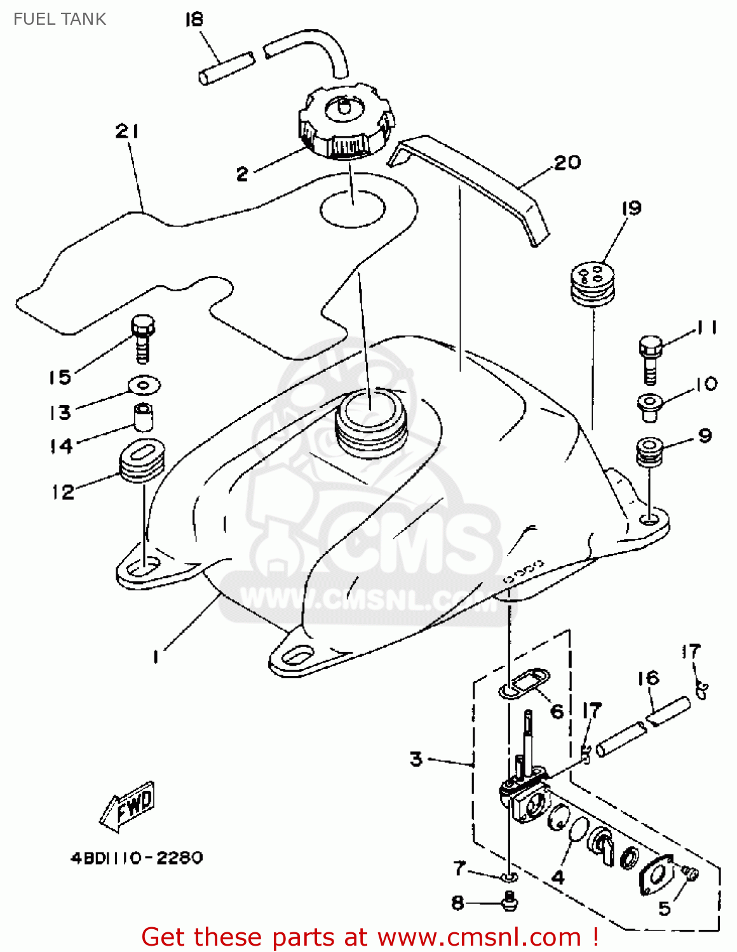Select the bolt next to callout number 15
(x=143, y=339)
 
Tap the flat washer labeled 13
(x=144, y=385)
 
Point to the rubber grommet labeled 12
(x=142, y=460)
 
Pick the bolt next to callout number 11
(x=651, y=360)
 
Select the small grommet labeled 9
(x=649, y=451)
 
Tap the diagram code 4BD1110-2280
(x=137, y=857)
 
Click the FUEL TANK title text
(x=60, y=19)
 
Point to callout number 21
(x=127, y=131)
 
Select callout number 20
(x=567, y=162)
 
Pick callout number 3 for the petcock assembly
(x=416, y=758)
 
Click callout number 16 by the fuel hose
(x=649, y=678)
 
